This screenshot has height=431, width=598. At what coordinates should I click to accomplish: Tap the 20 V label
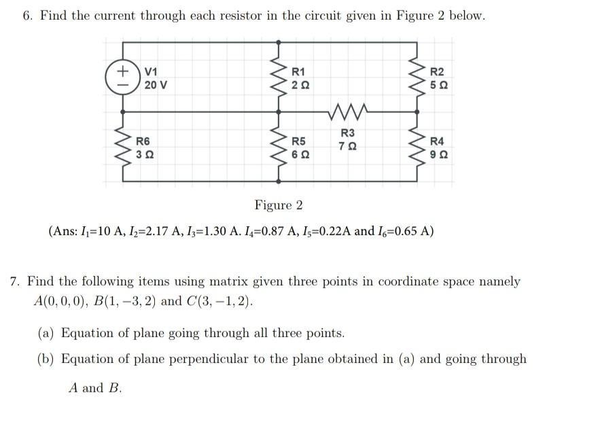click(156, 86)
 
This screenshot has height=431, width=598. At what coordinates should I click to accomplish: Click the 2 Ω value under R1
click(299, 86)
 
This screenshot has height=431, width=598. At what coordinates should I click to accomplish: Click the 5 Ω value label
click(438, 86)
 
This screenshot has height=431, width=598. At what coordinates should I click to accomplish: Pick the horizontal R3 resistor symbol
click(347, 110)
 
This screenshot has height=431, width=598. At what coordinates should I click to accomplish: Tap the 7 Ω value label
click(347, 146)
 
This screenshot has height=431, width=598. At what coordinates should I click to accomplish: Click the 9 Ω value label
click(438, 155)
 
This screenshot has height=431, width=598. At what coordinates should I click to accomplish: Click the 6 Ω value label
click(299, 155)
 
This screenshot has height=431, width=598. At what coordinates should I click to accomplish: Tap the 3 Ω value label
click(144, 155)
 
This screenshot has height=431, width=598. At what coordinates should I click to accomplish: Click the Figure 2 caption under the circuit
click(279, 205)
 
